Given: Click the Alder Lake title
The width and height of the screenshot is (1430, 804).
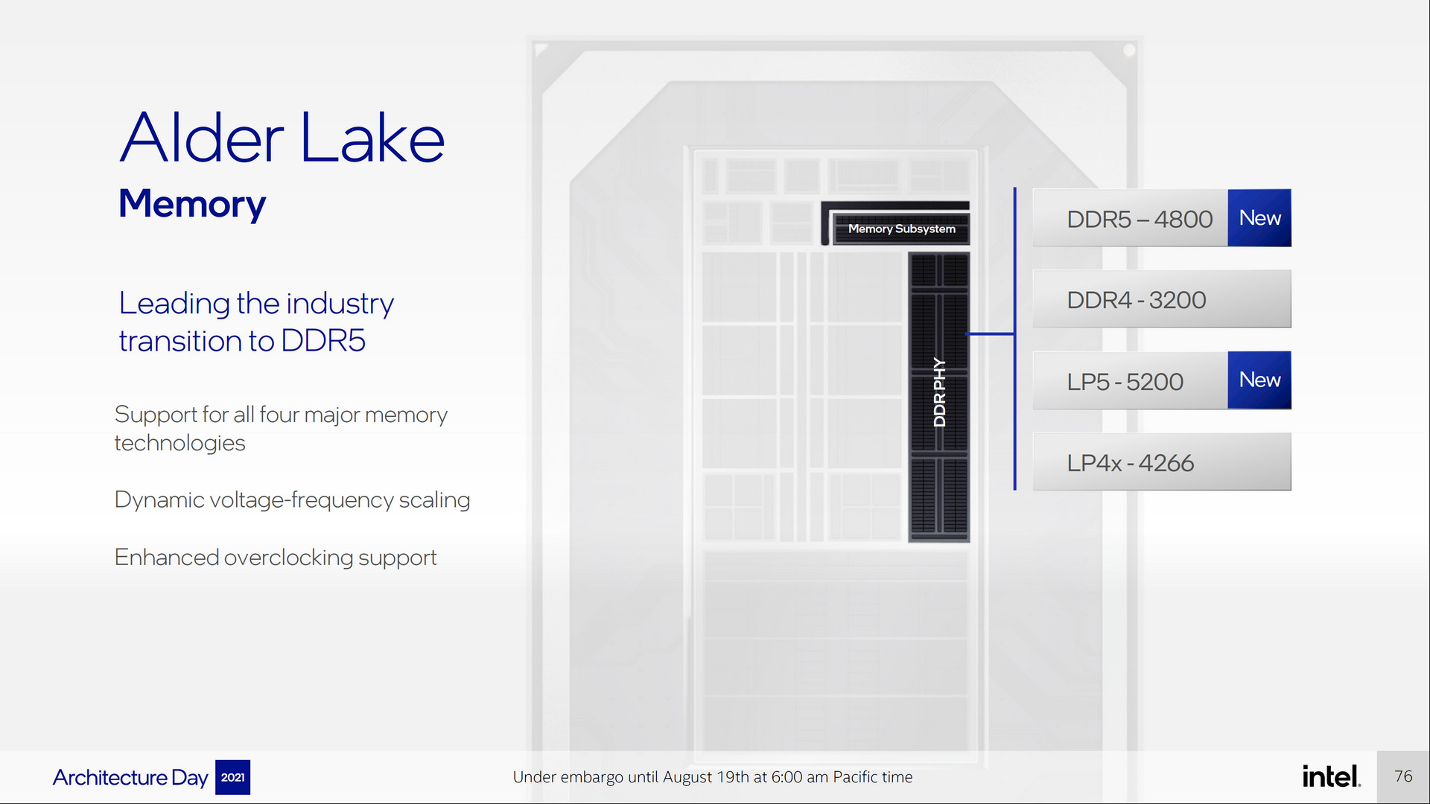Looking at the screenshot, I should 282,138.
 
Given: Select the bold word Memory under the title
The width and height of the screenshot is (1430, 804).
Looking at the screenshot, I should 192,204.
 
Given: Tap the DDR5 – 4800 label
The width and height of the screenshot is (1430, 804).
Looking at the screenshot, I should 1139,220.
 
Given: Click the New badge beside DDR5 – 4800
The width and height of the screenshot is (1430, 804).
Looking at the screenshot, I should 1259,218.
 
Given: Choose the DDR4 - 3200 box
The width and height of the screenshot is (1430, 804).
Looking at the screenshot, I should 1161,299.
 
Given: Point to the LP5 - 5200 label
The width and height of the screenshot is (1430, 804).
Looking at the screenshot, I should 1125,382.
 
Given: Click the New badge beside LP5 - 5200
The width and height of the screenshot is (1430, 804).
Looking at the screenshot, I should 1259,380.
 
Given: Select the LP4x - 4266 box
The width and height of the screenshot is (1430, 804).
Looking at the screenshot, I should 1161,462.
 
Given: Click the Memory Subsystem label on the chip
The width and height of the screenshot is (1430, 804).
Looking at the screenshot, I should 901,229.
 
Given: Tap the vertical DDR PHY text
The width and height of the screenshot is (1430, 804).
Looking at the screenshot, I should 939,392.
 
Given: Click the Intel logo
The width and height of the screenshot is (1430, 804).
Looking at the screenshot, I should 1331,776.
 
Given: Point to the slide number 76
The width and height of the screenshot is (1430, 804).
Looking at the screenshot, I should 1403,776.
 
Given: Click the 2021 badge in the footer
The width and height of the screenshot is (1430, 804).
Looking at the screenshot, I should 232,777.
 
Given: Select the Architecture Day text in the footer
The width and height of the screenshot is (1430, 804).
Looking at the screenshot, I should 130,777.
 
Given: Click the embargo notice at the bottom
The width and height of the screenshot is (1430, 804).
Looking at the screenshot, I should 712,777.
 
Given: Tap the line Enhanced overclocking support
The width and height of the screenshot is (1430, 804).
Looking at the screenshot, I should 276,558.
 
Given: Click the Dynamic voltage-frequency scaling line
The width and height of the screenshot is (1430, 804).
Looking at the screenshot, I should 292,500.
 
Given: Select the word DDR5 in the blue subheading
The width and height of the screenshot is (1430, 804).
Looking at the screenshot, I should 323,342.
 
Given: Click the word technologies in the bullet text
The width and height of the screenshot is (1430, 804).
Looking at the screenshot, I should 179,443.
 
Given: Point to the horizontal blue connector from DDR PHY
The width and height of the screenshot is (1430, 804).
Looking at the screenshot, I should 991,334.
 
